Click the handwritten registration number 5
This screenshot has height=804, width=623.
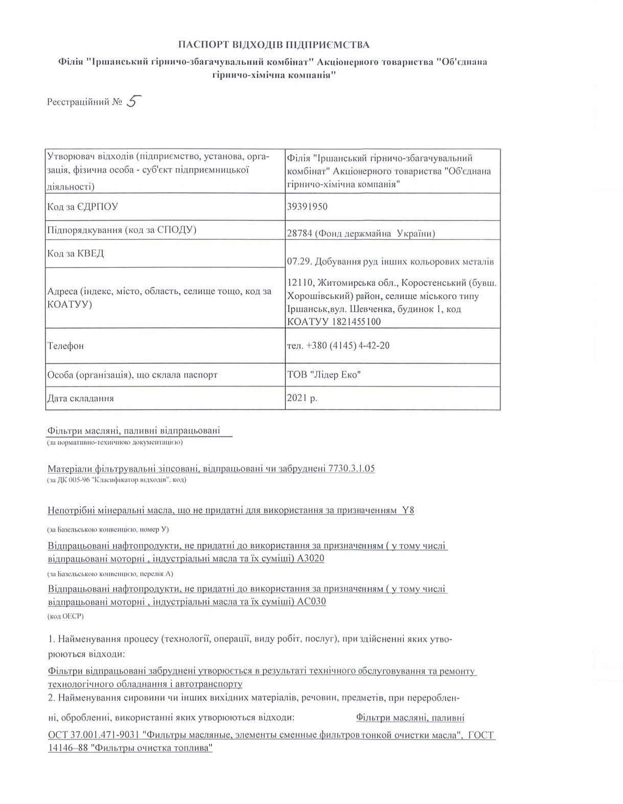[x=132, y=101]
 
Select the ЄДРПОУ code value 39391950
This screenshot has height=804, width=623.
[x=308, y=206]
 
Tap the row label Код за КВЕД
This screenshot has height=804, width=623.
[x=75, y=253]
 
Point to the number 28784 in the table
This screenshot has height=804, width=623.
[x=301, y=234]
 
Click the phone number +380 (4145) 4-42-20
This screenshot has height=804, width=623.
[x=348, y=345]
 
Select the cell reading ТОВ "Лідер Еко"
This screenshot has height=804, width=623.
[x=325, y=374]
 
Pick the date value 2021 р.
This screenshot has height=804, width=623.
[x=303, y=398]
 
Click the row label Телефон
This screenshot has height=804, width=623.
[x=65, y=346]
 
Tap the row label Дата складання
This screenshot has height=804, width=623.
[x=80, y=398]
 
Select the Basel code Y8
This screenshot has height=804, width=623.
[x=408, y=510]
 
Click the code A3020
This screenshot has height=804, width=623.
[x=310, y=558]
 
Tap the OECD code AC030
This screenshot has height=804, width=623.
[x=311, y=601]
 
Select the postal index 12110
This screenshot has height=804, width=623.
[x=300, y=282]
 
